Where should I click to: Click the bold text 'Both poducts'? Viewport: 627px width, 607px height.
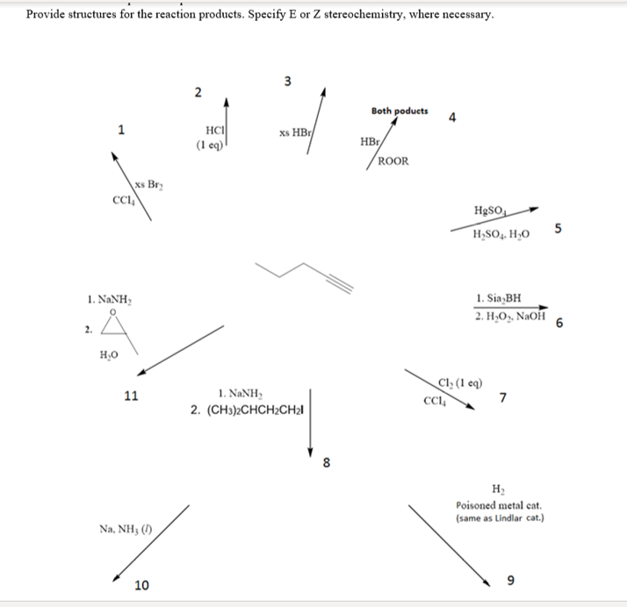tap(400, 111)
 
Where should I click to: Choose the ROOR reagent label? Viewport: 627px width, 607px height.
tap(391, 161)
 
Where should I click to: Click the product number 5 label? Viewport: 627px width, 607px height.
tap(559, 230)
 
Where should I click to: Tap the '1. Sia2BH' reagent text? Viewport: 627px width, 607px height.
tap(504, 297)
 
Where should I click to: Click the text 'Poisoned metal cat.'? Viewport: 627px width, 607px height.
tap(498, 505)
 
